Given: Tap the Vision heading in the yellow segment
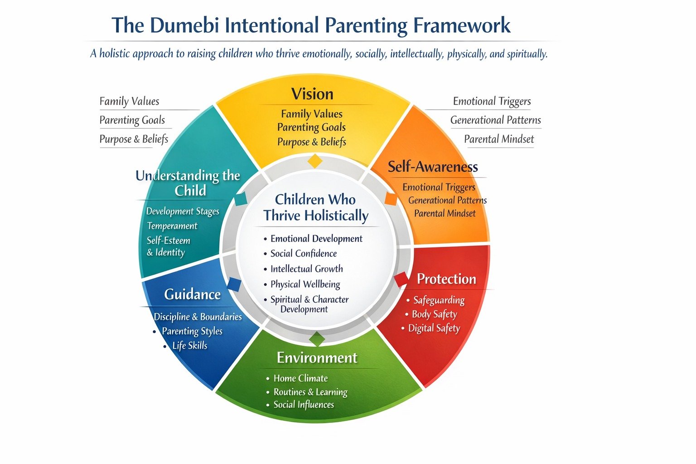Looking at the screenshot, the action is click(x=312, y=94).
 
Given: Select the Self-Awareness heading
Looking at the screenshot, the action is click(x=433, y=167).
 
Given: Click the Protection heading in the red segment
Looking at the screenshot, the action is click(x=446, y=279).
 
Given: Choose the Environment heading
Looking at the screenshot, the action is click(x=317, y=358).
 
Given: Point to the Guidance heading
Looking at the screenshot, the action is click(x=192, y=295).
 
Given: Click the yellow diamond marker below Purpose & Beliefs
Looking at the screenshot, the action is click(x=315, y=161).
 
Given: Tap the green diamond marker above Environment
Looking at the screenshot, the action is click(x=317, y=339).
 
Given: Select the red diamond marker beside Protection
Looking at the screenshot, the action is click(x=402, y=279).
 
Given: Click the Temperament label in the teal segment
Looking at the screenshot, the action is click(x=172, y=226).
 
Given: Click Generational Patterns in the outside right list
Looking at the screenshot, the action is click(x=496, y=120).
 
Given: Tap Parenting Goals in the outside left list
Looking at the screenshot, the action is click(x=132, y=120).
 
